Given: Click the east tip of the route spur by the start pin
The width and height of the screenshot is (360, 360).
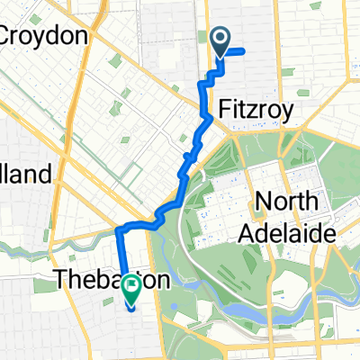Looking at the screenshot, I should coord(244,51).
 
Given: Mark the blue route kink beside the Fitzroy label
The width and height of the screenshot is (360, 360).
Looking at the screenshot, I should coord(209,116).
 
